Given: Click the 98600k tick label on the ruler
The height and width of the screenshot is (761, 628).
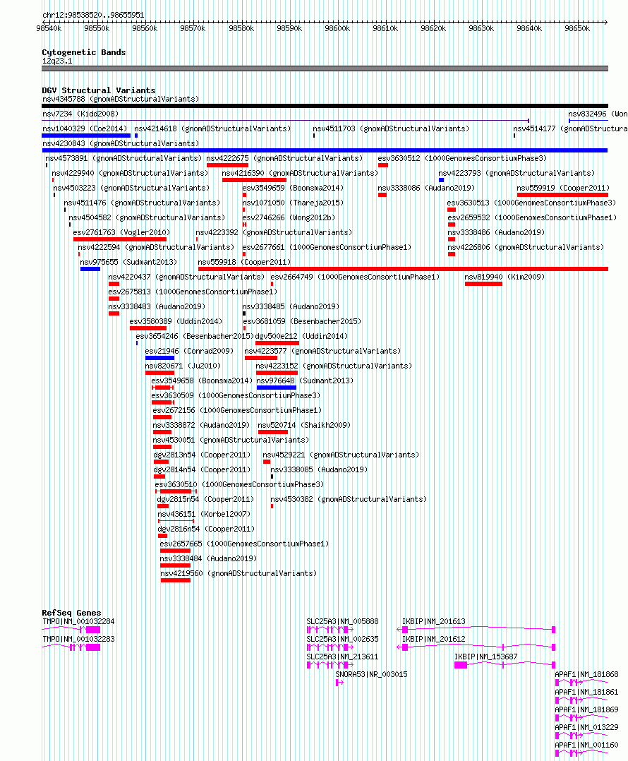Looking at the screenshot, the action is tap(337, 29).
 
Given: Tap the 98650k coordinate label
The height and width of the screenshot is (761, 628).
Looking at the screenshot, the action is tap(577, 29).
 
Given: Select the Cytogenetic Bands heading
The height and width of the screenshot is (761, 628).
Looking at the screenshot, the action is tap(84, 52).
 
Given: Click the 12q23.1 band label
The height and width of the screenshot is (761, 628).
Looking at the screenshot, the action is tap(57, 61).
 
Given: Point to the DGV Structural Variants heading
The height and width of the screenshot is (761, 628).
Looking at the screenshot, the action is tap(99, 90).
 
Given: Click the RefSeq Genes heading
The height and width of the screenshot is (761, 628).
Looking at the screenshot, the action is tap(72, 613).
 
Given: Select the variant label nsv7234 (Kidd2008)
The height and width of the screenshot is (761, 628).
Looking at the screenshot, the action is tap(80, 114).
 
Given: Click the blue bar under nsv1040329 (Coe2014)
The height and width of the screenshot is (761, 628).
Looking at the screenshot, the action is tap(86, 136).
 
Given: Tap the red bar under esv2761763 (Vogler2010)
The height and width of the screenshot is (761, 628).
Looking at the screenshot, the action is tap(120, 239).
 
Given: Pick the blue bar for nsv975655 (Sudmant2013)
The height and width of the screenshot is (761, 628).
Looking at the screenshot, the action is tap(90, 269).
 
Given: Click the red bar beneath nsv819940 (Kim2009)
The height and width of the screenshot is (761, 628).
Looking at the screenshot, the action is tap(483, 284).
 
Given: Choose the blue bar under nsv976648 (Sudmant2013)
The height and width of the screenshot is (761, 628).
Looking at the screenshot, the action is tap(277, 388).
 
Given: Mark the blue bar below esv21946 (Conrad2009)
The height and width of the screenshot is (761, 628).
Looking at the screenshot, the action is tap(160, 358).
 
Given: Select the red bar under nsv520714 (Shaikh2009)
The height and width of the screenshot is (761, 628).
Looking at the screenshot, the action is tap(273, 432).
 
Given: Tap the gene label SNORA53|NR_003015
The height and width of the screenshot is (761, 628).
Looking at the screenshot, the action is tap(371, 675).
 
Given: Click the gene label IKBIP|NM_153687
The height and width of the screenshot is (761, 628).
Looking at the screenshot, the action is tap(486, 657).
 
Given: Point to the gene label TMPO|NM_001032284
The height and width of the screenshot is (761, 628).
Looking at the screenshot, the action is tap(78, 621).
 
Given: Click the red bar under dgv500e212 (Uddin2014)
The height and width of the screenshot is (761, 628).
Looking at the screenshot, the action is tap(277, 343).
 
